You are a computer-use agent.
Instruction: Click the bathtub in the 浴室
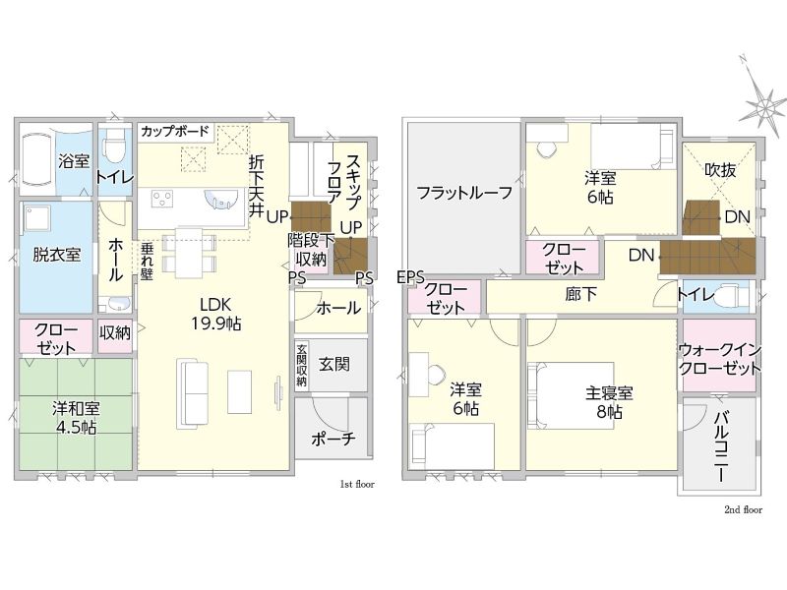coord(35,159)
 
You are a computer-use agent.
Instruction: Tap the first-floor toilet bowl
coord(113,145)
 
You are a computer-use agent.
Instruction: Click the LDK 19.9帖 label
coord(215,314)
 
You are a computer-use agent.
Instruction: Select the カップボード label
coord(175,132)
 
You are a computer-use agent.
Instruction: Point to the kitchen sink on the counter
coord(219,199)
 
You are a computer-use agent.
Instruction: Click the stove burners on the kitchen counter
coord(162,198)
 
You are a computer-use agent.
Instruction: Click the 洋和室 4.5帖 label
coord(76,417)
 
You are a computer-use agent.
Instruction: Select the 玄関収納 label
coord(301,365)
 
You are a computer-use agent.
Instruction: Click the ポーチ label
coord(333,439)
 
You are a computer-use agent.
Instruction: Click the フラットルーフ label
coord(464,193)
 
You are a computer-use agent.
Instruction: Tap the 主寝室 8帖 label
coord(609,402)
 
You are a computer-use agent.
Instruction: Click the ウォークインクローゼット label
coord(720,360)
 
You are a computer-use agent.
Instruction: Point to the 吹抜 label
coord(720,170)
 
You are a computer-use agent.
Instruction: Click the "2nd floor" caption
coord(743,509)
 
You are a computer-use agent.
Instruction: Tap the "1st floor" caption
coord(357,484)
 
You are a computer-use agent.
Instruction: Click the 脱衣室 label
coord(57,255)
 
